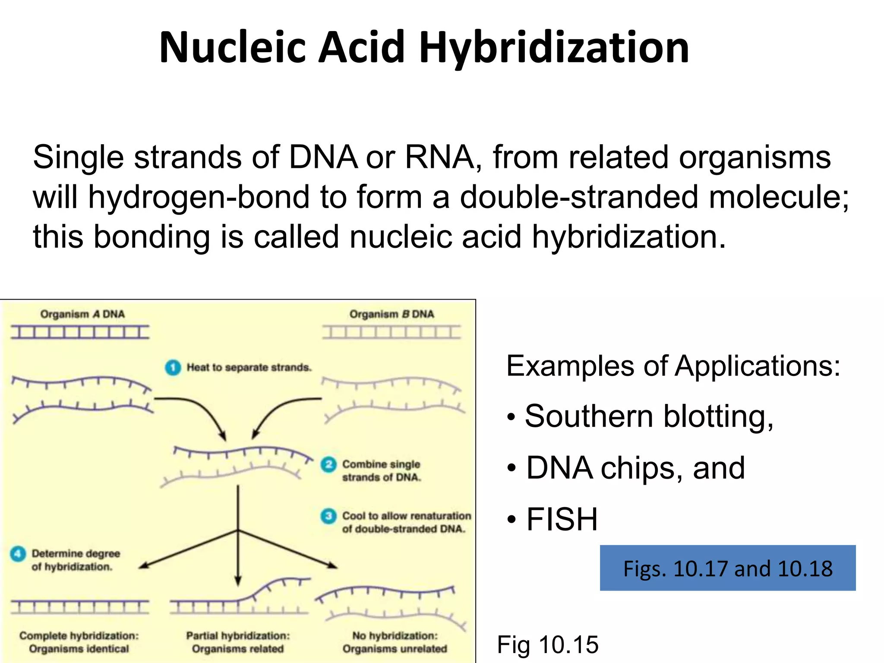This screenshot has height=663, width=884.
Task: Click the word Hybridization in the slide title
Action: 554,48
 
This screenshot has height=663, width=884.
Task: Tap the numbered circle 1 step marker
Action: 173,367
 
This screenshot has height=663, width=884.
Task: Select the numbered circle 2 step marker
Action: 328,464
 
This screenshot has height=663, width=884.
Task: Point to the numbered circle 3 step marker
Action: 328,516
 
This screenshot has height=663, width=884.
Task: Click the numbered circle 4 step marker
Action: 18,554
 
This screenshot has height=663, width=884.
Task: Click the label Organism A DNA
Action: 82,314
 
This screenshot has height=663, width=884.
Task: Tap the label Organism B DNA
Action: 391,314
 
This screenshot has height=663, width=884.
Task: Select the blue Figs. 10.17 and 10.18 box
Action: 727,568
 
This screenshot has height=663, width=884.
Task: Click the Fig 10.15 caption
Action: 548,645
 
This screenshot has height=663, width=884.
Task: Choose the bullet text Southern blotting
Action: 649,417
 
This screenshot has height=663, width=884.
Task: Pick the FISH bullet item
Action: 562,519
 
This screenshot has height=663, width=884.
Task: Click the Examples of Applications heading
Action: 673,366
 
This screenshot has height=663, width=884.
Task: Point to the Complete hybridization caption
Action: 79,642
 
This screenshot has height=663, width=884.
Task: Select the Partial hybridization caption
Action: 238,642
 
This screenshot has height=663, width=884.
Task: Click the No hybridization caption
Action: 395,642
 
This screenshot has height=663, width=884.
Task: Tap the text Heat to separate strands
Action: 249,368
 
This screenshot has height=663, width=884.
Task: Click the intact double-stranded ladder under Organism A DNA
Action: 80,332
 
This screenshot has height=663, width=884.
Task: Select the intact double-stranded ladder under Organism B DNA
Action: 391,332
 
